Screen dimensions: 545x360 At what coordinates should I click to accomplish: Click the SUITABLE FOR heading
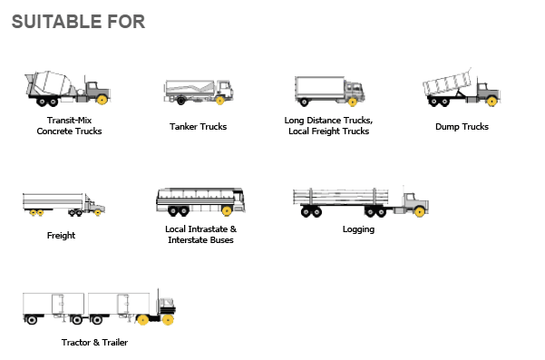click(x=78, y=22)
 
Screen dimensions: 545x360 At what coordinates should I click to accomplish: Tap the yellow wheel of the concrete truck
click(x=102, y=100)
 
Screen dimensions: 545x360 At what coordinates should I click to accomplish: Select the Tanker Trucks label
click(x=198, y=126)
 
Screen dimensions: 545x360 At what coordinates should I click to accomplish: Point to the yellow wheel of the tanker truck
click(x=219, y=101)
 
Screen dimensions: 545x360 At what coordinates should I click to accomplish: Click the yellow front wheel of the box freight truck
click(x=353, y=102)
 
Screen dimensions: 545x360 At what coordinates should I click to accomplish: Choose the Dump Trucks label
click(x=462, y=126)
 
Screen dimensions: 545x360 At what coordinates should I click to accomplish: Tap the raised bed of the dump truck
click(x=447, y=83)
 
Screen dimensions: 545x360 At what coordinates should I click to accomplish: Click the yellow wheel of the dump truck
click(x=491, y=102)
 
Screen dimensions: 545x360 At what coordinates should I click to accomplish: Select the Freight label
click(x=61, y=235)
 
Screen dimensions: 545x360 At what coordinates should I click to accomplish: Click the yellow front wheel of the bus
click(x=227, y=211)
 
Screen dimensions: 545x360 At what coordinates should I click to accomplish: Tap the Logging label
click(x=358, y=229)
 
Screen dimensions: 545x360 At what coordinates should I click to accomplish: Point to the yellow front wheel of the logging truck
click(x=420, y=211)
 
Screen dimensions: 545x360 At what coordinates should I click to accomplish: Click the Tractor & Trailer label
click(x=94, y=342)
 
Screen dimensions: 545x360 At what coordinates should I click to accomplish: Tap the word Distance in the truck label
click(x=324, y=121)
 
